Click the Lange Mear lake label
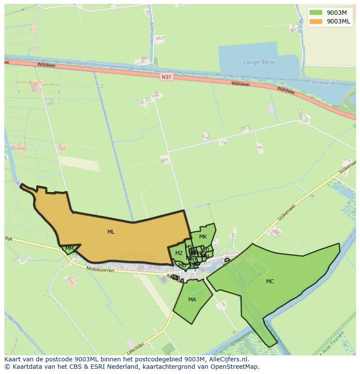[260, 62]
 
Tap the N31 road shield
[166, 77]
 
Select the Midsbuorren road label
[100, 270]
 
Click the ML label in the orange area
[111, 232]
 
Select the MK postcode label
[203, 237]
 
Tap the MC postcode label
[270, 281]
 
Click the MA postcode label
[192, 300]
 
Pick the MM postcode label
[69, 248]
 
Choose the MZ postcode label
[179, 253]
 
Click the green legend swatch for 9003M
[316, 12]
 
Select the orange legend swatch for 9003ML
[316, 21]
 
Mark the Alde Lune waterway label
[151, 33]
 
